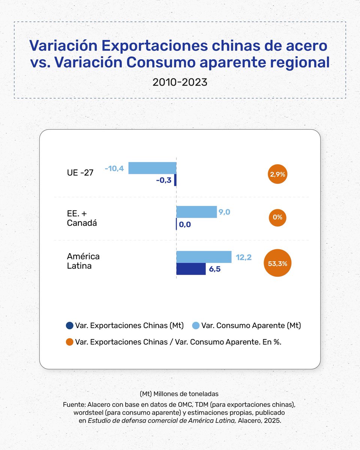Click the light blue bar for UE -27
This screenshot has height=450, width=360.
pyautogui.click(x=152, y=168)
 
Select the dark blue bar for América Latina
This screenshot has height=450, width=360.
pyautogui.click(x=191, y=269)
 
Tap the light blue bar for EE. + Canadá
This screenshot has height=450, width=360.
pyautogui.click(x=196, y=212)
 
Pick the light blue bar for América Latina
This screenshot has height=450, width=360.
pyautogui.click(x=204, y=257)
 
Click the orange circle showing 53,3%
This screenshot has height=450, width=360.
pyautogui.click(x=277, y=263)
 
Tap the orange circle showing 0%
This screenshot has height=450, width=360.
pyautogui.click(x=277, y=217)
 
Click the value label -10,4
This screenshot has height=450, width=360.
pyautogui.click(x=114, y=168)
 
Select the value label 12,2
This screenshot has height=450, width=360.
pyautogui.click(x=244, y=257)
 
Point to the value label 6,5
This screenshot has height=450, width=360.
pyautogui.click(x=215, y=269)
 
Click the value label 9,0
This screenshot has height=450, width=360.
pyautogui.click(x=224, y=212)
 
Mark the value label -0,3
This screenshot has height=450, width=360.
pyautogui.click(x=163, y=180)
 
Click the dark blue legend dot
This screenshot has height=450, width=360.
pyautogui.click(x=69, y=325)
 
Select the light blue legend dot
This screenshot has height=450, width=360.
pyautogui.click(x=195, y=325)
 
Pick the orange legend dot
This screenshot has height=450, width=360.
pyautogui.click(x=69, y=342)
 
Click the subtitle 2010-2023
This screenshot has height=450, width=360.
pyautogui.click(x=180, y=82)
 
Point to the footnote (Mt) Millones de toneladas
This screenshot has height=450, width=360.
pyautogui.click(x=180, y=394)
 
